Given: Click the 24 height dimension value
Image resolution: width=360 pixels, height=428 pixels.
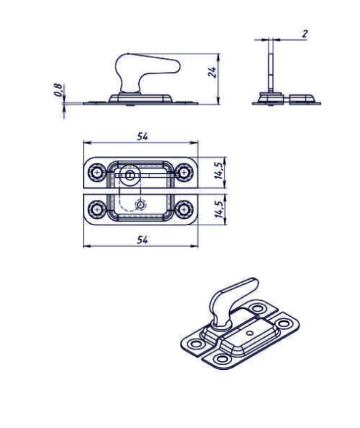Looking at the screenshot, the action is tap(213, 72).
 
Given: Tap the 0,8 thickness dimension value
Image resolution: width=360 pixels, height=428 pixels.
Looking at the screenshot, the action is tap(58, 90).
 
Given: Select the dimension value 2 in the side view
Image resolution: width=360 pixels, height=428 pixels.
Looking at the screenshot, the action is tap(305, 34).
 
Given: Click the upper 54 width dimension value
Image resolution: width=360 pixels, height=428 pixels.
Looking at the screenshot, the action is tap(143, 137).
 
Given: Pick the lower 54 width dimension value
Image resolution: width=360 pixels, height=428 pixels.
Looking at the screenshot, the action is tap(143, 240).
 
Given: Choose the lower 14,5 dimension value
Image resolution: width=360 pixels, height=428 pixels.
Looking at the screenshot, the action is tap(219, 209).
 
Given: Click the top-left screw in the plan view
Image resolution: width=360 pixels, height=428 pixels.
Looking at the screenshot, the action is tap(97, 172).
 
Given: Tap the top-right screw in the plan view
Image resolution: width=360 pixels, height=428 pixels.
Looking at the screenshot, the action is tap(185, 172).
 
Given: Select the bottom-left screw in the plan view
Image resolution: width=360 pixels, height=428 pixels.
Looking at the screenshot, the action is tap(97, 209).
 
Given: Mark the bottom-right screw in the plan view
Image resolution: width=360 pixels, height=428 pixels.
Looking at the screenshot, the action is tap(185, 209).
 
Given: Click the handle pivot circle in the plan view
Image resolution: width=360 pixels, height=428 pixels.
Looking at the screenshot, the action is tap(130, 175).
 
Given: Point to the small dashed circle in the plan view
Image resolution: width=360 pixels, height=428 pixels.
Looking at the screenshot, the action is tap(140, 205).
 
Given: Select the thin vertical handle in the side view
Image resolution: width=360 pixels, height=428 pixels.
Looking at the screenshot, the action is tap(271, 65).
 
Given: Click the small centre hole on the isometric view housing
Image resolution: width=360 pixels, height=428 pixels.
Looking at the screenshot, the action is tap(249, 333).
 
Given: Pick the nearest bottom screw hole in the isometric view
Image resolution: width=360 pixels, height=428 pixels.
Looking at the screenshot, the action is tap(222, 359).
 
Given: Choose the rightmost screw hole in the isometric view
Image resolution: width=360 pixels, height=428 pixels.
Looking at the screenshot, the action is tap(284, 324).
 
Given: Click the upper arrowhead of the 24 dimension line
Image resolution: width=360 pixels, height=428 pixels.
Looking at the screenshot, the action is tap(218, 57).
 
